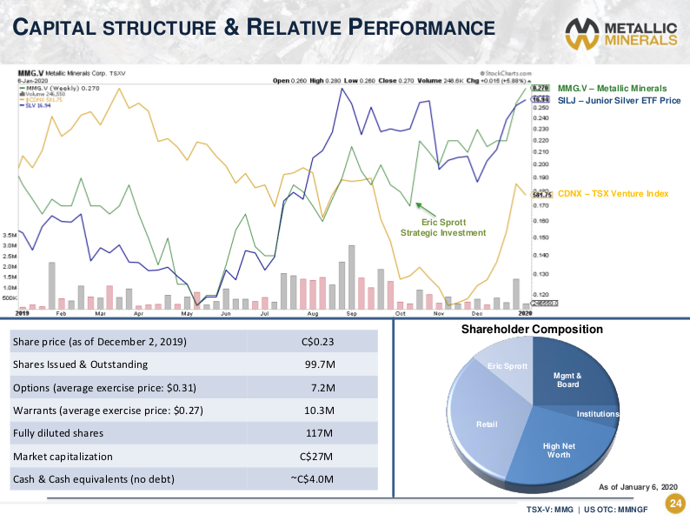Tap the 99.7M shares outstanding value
coord(318,365)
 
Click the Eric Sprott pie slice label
coord(508,365)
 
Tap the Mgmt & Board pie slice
coord(567,380)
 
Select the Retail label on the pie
coord(487,424)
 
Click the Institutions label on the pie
coord(598,414)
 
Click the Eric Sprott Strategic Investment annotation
coord(442,228)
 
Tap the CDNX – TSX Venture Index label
coord(613,193)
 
